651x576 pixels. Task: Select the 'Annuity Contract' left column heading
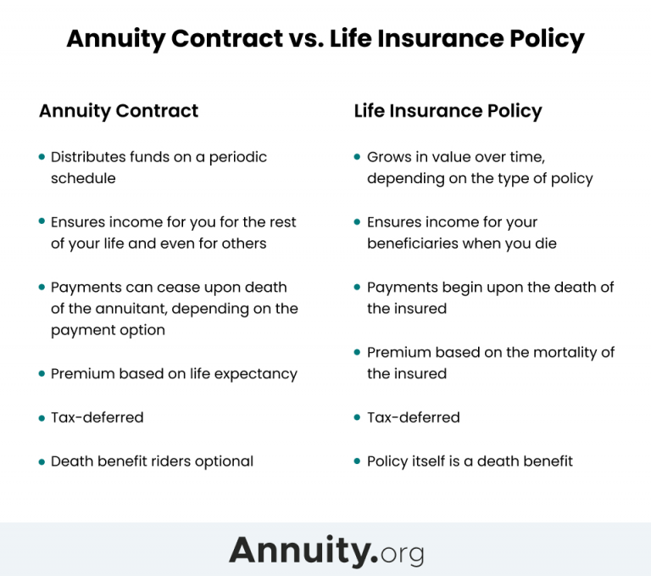[x=119, y=111]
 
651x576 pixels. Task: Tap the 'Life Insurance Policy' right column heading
[x=448, y=111]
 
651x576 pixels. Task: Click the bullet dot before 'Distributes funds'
[x=42, y=157]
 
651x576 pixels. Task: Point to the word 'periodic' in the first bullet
[x=238, y=157]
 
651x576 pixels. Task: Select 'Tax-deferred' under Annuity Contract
[x=97, y=417]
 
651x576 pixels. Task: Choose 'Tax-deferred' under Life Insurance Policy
[x=413, y=417]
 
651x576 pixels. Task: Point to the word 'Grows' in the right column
[x=388, y=157]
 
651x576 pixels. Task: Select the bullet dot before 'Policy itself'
[x=359, y=461]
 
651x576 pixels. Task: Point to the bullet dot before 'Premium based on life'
[x=42, y=373]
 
